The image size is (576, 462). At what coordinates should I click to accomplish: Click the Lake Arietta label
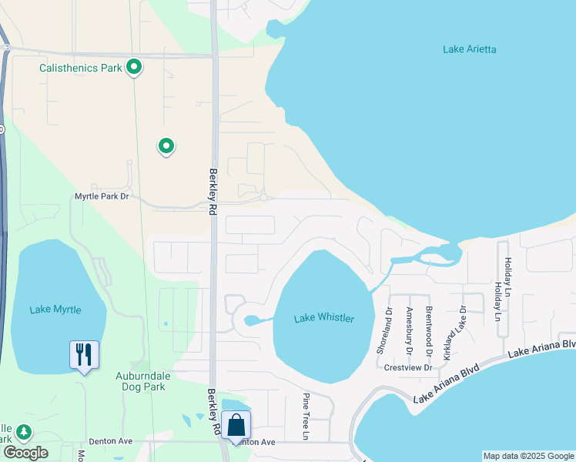(x=470, y=49)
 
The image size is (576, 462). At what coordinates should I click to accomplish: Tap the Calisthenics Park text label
(x=82, y=69)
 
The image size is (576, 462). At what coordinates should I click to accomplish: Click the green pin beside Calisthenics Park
(x=134, y=68)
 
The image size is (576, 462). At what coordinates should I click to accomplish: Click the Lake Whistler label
(x=324, y=319)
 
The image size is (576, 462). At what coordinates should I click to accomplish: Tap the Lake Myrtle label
(x=56, y=310)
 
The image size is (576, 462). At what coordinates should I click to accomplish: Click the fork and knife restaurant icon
(x=84, y=355)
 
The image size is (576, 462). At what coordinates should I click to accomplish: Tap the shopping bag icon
(x=236, y=426)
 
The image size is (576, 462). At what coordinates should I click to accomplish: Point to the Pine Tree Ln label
(x=306, y=417)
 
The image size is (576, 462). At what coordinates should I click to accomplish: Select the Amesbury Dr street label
(x=408, y=331)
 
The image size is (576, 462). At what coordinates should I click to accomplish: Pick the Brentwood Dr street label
(x=428, y=331)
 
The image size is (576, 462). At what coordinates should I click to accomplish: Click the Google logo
(x=25, y=452)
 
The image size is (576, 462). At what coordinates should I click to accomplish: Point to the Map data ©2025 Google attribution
(x=527, y=456)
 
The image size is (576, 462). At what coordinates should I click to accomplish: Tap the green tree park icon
(x=24, y=431)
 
